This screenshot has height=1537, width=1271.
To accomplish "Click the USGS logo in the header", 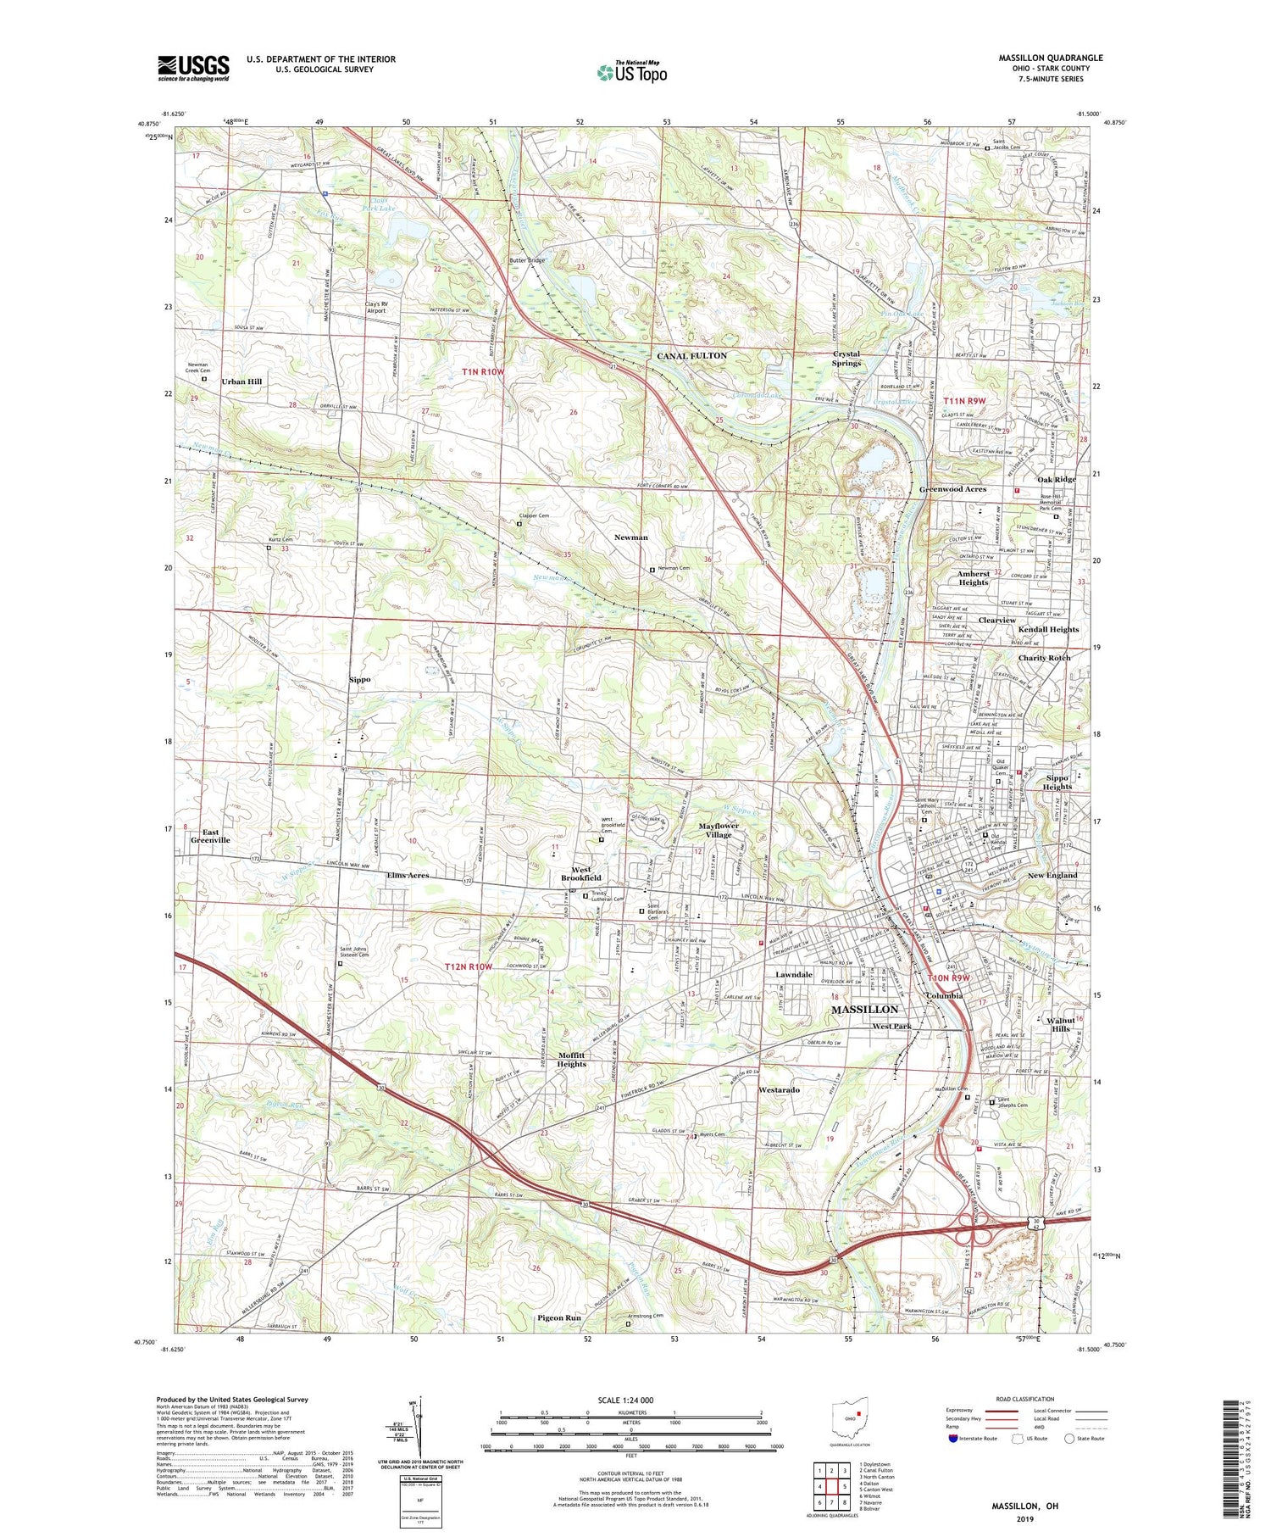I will click(x=193, y=68).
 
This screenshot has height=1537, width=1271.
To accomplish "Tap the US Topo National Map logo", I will click(x=631, y=72).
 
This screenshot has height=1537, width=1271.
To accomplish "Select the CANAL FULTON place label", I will click(x=691, y=356).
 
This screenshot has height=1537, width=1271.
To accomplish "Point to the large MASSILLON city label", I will click(x=864, y=1010).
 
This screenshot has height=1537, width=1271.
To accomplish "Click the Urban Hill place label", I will click(x=241, y=381).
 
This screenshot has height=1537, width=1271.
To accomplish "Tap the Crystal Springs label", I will click(x=846, y=359).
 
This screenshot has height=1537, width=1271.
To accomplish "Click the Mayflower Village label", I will click(x=719, y=830).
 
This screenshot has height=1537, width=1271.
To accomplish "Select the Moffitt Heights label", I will click(x=571, y=1060).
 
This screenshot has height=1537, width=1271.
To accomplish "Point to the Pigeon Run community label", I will click(x=558, y=1318).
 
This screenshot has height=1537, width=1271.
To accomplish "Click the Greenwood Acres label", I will click(x=953, y=489).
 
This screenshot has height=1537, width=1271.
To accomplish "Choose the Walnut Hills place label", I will click(x=1061, y=1024).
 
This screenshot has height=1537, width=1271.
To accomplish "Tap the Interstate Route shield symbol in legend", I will click(x=952, y=1439).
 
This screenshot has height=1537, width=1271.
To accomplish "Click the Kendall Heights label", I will click(x=1048, y=630).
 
